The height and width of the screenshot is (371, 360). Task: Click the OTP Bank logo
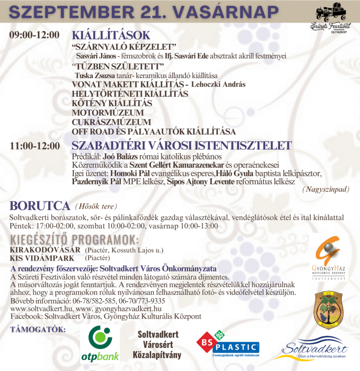tap(100, 344)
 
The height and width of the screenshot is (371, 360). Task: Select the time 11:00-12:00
tap(34, 145)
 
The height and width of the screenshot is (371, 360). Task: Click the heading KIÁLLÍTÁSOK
tap(111, 35)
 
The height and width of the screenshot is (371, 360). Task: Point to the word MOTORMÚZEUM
tap(108, 113)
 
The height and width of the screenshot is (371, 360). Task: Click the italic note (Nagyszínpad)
tap(326, 189)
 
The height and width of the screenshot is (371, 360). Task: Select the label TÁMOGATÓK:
tap(38, 329)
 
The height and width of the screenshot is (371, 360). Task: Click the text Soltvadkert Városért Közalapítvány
tap(158, 345)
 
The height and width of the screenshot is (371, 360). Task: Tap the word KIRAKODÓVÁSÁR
tap(45, 250)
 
